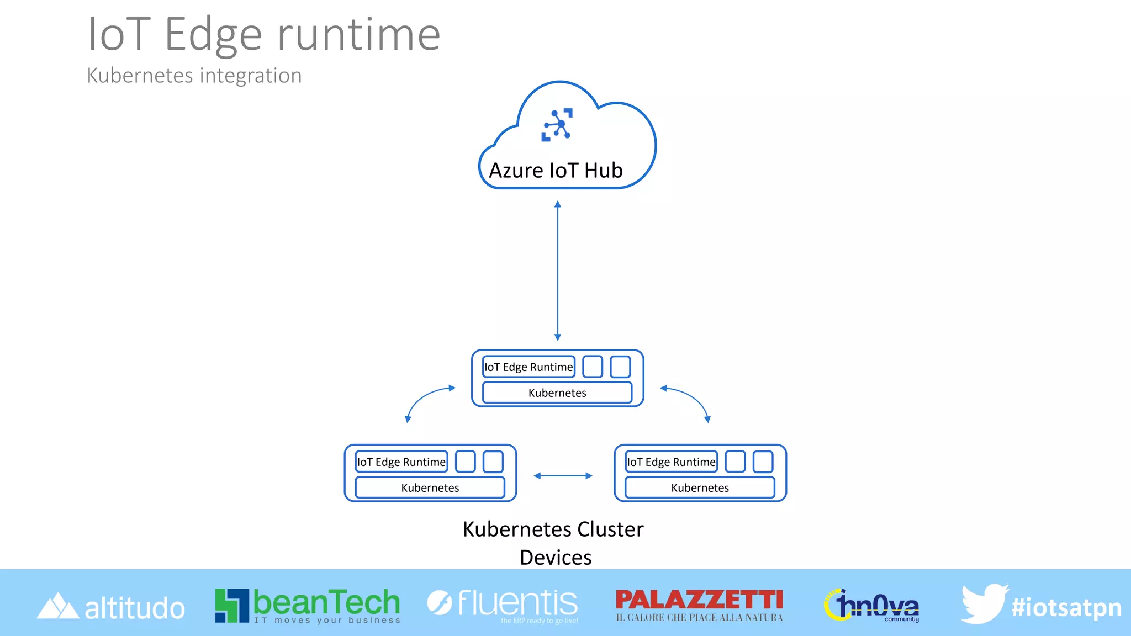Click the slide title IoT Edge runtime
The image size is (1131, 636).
[x=264, y=35]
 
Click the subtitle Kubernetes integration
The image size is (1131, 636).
[x=194, y=76]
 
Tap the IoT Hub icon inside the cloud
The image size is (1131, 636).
[x=557, y=125]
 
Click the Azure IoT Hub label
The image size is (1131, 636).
[x=556, y=171]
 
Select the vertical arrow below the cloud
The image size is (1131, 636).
[x=558, y=271]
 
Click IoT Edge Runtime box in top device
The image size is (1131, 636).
[x=528, y=367]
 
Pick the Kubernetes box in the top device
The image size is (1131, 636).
[x=557, y=393]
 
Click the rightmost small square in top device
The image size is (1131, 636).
[x=620, y=367]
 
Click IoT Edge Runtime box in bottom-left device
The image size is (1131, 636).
[x=401, y=462]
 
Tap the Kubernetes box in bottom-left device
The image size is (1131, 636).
[x=430, y=488]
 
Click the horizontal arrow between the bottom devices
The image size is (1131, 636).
[x=563, y=476]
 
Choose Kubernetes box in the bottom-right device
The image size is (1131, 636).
[x=700, y=488]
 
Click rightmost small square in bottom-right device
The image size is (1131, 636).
[x=763, y=462]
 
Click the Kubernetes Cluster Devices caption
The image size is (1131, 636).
[x=554, y=543]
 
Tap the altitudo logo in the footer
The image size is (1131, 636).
[x=110, y=607]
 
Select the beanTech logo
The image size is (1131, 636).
[x=308, y=605]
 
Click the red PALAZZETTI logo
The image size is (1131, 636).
[x=699, y=604]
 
